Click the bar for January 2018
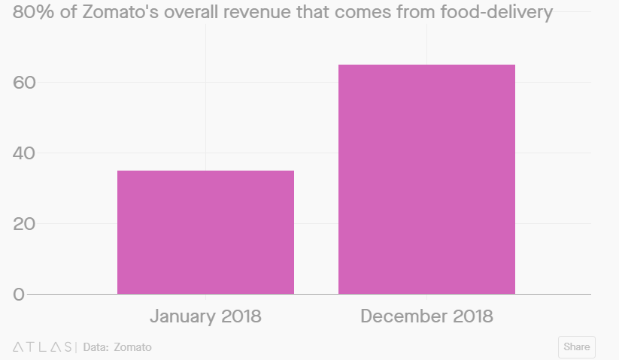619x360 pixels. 205,232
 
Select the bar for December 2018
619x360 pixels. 426,179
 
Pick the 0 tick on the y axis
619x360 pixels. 19,295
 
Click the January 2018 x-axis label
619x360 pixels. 205,316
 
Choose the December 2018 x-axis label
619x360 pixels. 426,316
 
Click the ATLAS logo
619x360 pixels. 43,347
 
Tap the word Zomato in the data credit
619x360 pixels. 132,347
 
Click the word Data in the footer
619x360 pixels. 95,347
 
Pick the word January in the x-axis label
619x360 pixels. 183,316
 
